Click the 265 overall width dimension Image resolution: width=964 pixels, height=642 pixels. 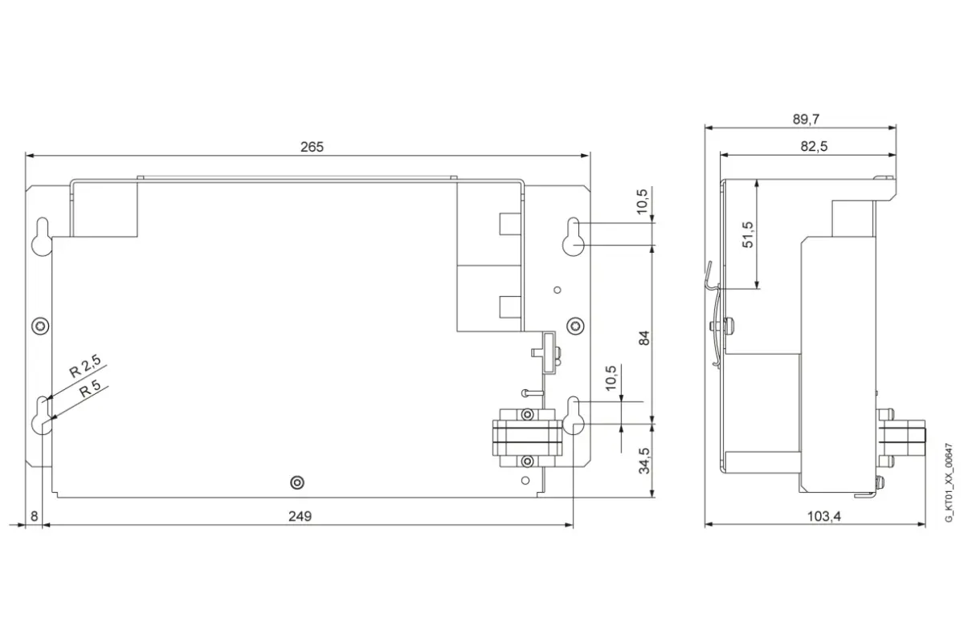[312, 147]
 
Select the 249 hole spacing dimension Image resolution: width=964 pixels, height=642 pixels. [300, 516]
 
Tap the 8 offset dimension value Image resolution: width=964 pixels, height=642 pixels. [35, 516]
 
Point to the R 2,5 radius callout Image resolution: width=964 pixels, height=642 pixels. [85, 366]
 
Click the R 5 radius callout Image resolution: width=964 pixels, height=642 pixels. [90, 388]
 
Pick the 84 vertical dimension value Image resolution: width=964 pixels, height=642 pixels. [644, 338]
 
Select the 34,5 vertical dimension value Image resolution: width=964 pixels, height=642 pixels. [644, 461]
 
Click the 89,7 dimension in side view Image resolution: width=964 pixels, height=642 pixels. [806, 119]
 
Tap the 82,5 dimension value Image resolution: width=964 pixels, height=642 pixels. [814, 146]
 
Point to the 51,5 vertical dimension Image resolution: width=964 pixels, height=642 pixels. [748, 234]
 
